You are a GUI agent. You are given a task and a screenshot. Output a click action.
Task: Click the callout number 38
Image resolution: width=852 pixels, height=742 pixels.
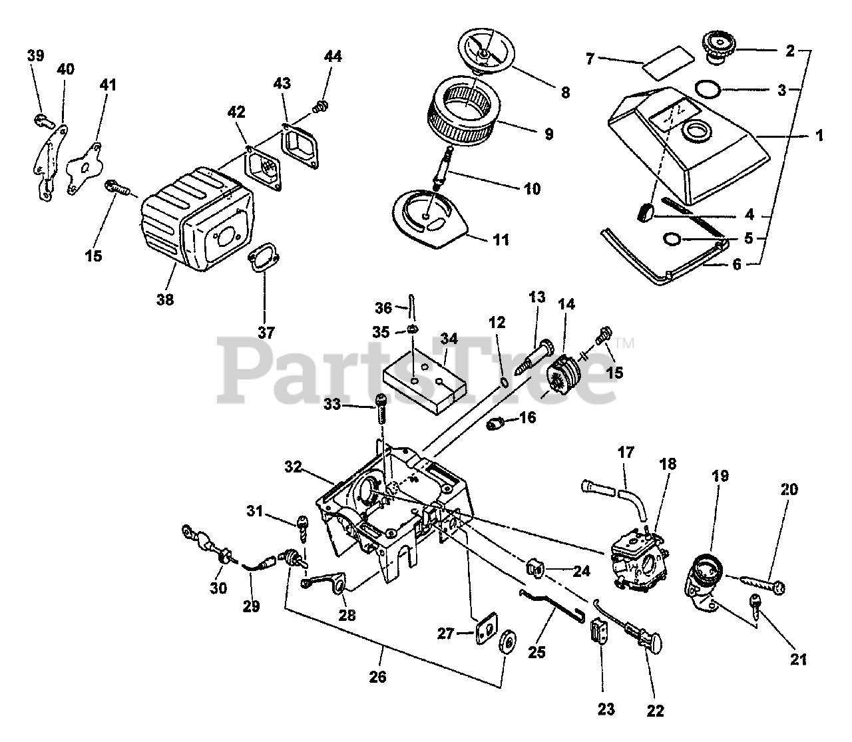(x=165, y=300)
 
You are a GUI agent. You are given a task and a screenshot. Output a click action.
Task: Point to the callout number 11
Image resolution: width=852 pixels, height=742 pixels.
(x=501, y=240)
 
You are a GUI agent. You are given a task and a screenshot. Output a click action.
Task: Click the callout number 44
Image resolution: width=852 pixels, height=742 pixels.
(x=333, y=57)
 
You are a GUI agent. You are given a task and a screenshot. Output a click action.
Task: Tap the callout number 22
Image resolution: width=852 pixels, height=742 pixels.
(x=656, y=711)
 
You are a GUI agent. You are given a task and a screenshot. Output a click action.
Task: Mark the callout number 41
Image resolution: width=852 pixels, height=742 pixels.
(x=108, y=85)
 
